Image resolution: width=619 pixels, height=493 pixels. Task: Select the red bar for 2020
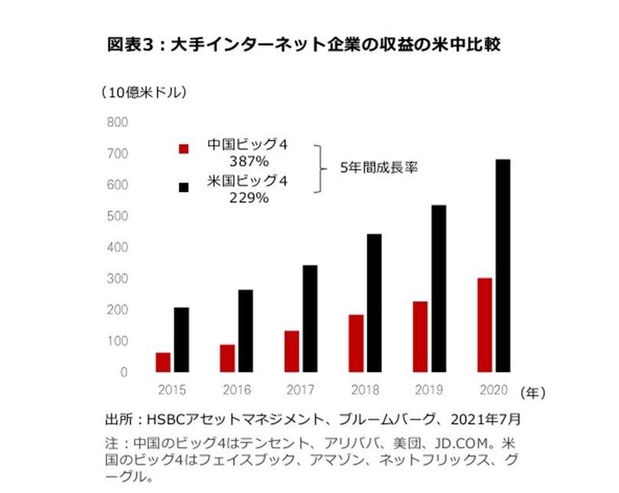(x=484, y=325)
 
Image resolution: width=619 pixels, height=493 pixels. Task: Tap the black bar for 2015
(x=181, y=340)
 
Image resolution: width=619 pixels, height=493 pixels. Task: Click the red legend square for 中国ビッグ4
(x=184, y=148)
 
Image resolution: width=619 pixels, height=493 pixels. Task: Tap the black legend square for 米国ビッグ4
(x=184, y=186)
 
